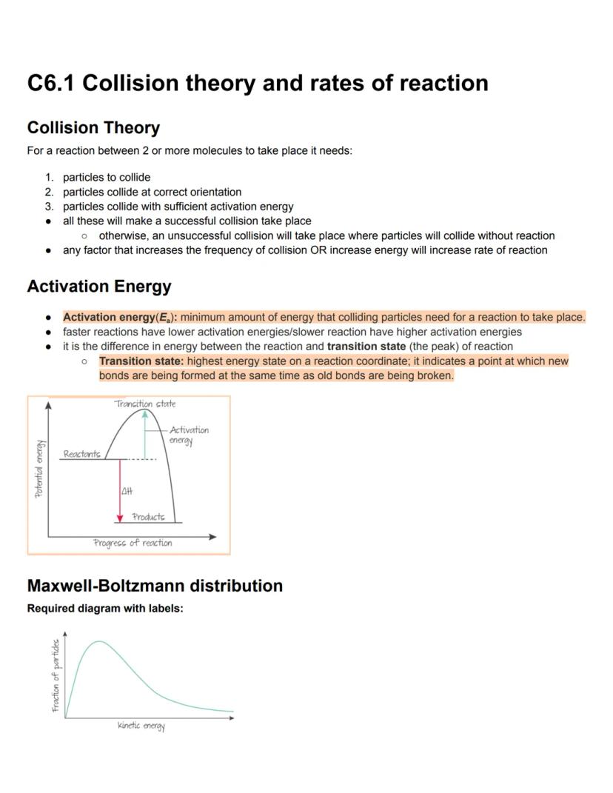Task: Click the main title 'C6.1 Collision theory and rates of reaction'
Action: click(x=258, y=83)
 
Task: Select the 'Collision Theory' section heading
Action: click(x=93, y=128)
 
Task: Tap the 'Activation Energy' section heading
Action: click(x=98, y=287)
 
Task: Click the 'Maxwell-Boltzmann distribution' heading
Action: click(x=155, y=586)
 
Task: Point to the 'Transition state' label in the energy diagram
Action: click(x=145, y=404)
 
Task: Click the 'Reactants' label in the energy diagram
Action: click(x=81, y=454)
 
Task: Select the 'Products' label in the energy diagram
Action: click(x=148, y=517)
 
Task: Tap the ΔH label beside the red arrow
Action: click(x=127, y=491)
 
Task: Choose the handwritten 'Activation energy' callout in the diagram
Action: click(x=188, y=435)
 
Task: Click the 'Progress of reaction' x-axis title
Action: click(x=133, y=543)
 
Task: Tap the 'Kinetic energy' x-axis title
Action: click(x=141, y=726)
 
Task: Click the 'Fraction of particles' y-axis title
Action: click(x=56, y=675)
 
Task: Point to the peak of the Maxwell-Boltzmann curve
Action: click(x=98, y=641)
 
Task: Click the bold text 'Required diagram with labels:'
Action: click(x=104, y=609)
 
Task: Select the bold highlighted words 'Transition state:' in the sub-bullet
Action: click(x=141, y=361)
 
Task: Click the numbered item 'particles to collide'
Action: click(x=107, y=178)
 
